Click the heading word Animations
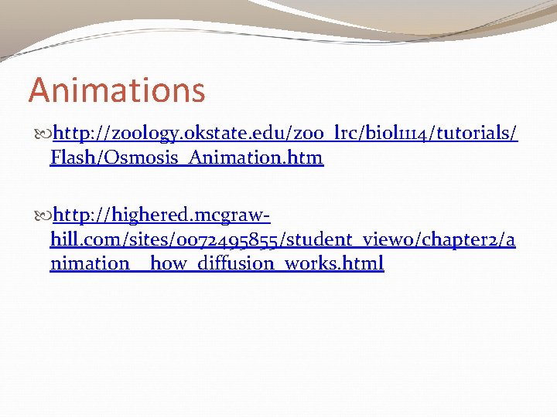[117, 90]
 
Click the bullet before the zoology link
[43, 134]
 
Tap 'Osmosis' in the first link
[135, 159]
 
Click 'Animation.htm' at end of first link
[255, 159]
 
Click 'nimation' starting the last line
[90, 263]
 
